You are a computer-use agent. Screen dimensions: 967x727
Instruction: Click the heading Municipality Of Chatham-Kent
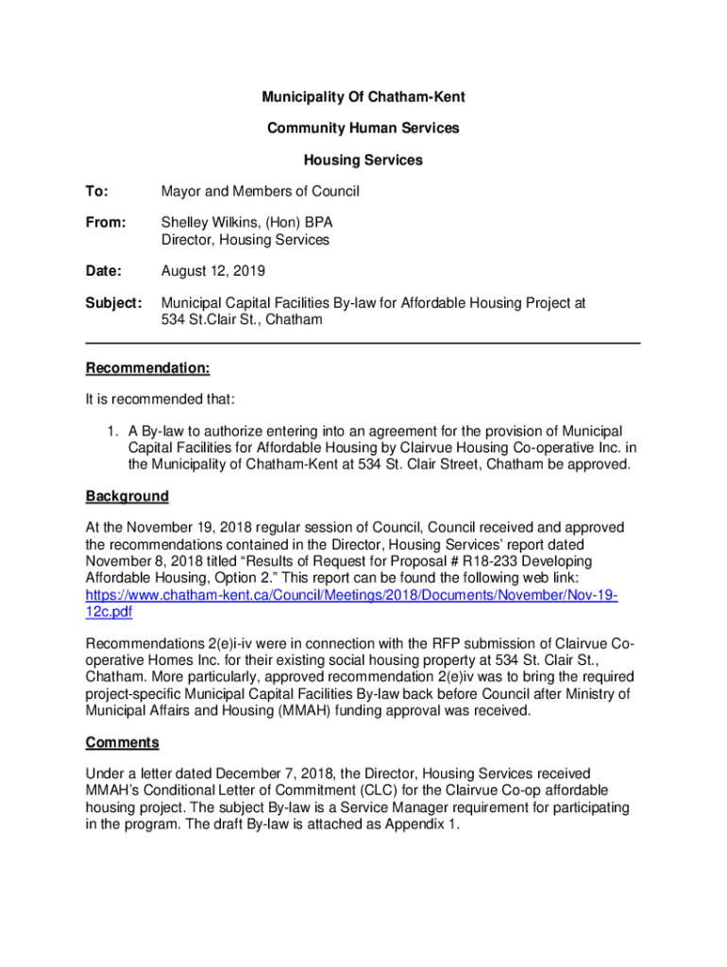(363, 97)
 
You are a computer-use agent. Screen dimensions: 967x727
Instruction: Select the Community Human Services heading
(363, 128)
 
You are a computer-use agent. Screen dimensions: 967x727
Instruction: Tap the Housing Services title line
(363, 161)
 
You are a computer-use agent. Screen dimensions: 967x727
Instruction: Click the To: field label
(97, 192)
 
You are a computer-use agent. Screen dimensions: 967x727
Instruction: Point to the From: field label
(105, 224)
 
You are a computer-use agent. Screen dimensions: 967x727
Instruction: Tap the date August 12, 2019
(213, 271)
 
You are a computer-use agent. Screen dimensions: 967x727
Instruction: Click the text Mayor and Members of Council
(261, 192)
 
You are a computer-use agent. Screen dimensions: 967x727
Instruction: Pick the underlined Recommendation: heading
(147, 367)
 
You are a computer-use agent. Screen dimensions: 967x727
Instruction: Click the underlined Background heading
(127, 496)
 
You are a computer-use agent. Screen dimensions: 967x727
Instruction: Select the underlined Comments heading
(122, 741)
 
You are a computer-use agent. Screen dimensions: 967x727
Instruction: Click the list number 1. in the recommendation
(111, 431)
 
